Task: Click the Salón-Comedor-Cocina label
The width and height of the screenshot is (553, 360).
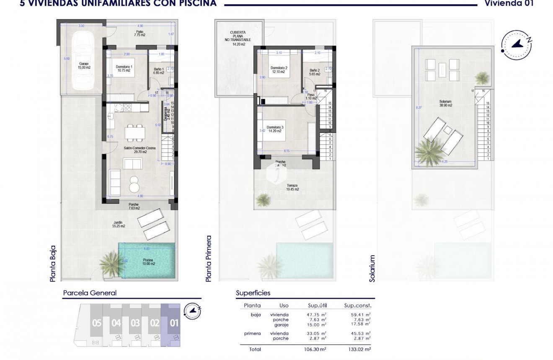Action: tap(135, 150)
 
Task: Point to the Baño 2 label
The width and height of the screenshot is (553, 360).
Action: tap(315, 72)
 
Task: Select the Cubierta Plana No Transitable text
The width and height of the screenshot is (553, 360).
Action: tap(238, 38)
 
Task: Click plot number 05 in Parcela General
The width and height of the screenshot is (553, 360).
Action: tap(97, 324)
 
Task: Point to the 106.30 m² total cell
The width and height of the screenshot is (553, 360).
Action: tap(314, 349)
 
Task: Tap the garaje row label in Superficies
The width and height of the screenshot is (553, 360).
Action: tap(281, 324)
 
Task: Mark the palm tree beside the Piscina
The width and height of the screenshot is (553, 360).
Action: tap(110, 262)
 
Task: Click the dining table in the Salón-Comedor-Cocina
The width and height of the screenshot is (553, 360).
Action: tap(135, 133)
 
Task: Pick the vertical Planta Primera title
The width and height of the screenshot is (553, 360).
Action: tap(209, 258)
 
